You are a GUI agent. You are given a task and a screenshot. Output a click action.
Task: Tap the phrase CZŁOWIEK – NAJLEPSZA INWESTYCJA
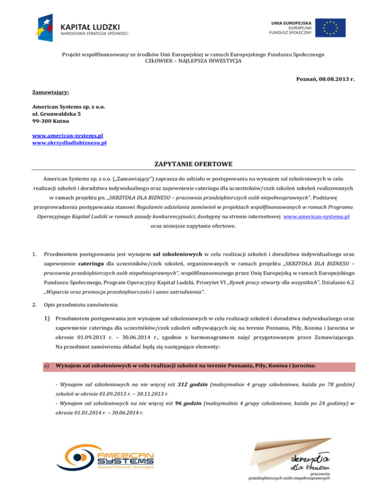point(193,60)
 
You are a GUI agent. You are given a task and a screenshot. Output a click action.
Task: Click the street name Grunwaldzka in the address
point(58,114)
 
